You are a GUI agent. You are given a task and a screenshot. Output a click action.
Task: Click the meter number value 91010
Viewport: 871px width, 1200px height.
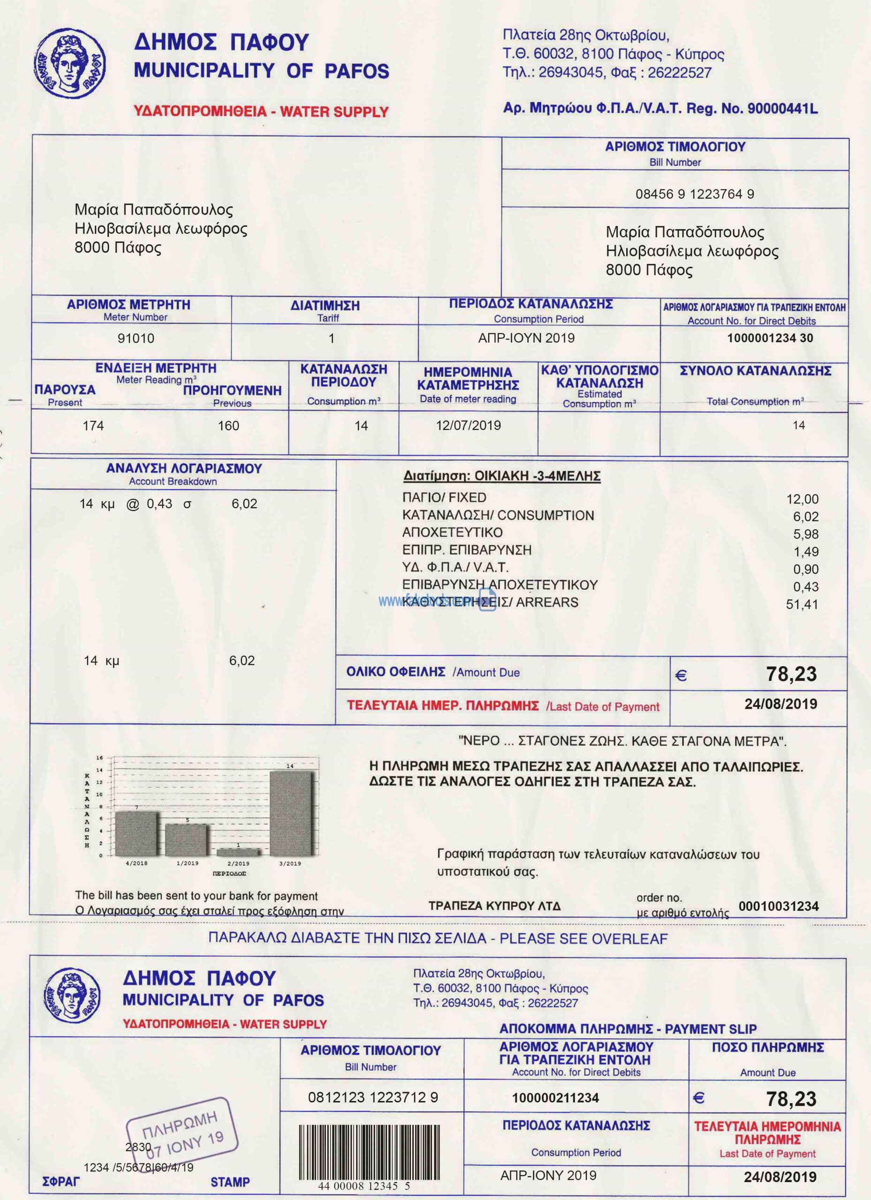136,338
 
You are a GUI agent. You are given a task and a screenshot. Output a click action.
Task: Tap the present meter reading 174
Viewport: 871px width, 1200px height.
93,426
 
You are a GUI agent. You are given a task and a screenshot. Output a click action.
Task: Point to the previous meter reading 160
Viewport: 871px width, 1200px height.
228,426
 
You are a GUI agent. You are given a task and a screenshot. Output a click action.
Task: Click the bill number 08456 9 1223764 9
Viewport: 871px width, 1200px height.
695,194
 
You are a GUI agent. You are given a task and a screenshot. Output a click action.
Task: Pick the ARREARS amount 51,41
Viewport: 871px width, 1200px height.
802,604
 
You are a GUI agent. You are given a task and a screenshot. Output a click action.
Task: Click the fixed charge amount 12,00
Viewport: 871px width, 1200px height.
802,499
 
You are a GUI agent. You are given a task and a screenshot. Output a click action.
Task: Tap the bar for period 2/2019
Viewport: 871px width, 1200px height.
238,852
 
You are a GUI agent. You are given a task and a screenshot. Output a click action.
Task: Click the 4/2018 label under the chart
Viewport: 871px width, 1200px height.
136,863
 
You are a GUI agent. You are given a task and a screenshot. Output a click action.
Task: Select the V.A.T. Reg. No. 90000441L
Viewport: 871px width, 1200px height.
782,109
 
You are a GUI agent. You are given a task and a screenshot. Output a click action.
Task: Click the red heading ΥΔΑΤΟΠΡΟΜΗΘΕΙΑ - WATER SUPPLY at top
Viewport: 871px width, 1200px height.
261,112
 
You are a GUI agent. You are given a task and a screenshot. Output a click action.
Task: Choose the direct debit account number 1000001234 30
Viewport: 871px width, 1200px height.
770,338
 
